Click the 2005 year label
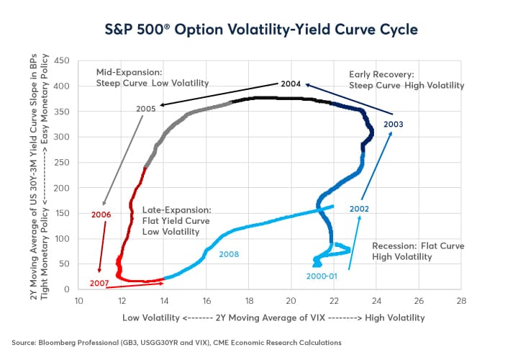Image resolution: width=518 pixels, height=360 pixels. coord(146,109)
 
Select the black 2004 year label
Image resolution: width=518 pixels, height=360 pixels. coord(290,84)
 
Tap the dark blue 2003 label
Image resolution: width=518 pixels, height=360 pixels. coord(394,124)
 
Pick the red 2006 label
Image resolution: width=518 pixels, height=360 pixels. coord(101,214)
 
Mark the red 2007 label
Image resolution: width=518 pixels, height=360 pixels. coord(99,283)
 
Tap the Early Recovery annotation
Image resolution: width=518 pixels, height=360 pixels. coord(406,79)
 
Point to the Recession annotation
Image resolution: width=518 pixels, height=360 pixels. coord(418,252)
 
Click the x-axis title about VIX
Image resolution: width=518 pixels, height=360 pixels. coord(273,317)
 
